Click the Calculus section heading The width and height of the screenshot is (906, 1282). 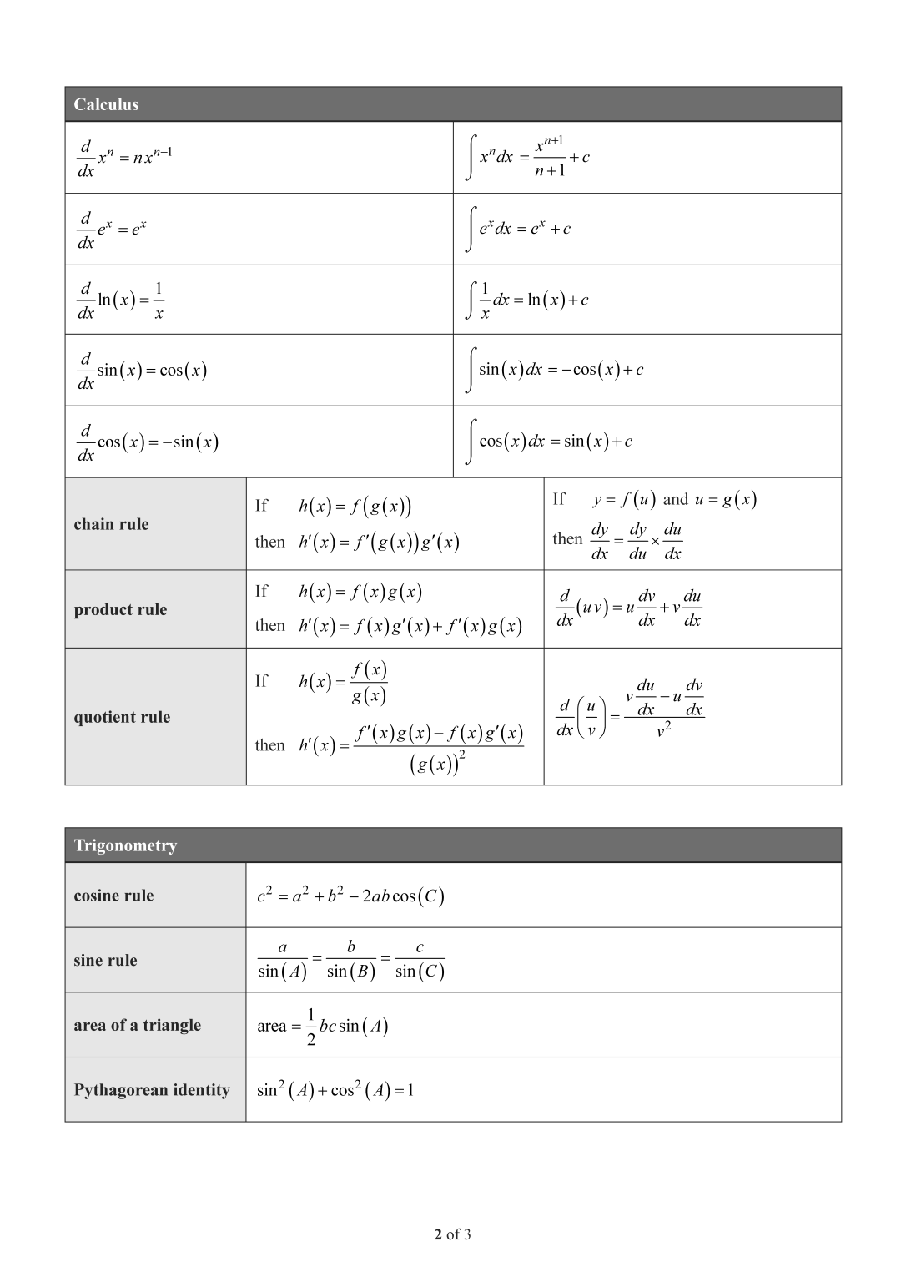pos(106,104)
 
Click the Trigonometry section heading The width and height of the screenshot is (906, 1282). pos(125,845)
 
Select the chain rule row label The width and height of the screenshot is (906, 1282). pos(111,524)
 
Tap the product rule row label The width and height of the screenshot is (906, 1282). pos(120,609)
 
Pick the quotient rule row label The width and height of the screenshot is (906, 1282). pos(122,717)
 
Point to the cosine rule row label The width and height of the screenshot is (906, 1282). pos(113,896)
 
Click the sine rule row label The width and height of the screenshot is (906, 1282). pos(105,960)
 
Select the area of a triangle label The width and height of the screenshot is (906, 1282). pos(137,1025)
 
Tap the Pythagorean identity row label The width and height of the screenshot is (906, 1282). pos(151,1090)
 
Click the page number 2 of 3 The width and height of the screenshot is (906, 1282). pos(452,1234)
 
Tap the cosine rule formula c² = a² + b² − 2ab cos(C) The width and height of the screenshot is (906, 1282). pos(350,896)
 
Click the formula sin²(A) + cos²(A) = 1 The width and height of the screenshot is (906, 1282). pos(335,1090)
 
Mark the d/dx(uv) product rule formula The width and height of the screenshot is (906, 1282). pos(629,608)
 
